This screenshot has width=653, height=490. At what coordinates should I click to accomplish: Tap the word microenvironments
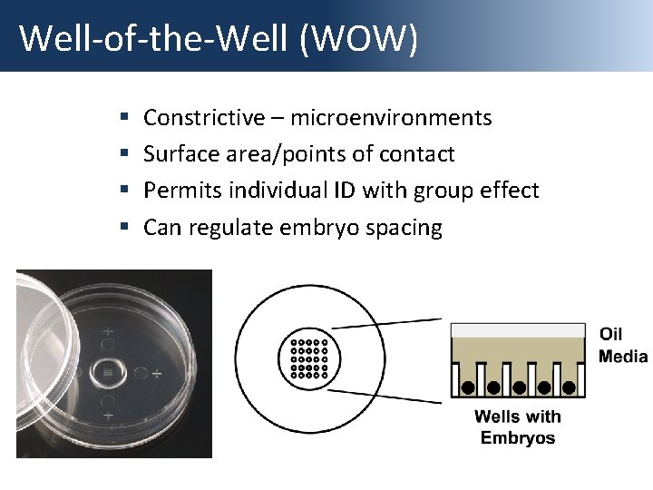(391, 118)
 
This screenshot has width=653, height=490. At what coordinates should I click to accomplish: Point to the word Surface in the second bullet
(175, 154)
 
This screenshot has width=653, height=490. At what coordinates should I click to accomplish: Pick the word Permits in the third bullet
(174, 191)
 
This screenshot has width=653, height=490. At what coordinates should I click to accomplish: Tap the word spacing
(404, 228)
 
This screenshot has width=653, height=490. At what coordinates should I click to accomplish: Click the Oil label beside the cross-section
(610, 335)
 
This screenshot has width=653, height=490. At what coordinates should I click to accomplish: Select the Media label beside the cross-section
(623, 356)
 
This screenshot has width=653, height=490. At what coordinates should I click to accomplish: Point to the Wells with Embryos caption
(518, 427)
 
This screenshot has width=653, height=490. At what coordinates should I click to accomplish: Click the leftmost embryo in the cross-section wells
(467, 387)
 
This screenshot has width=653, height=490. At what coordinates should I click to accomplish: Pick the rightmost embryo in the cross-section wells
(569, 387)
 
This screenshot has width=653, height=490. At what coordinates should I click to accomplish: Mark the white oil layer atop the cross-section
(518, 330)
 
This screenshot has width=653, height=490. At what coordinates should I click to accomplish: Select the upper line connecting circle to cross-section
(386, 323)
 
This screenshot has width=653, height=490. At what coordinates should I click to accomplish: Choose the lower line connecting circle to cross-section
(386, 393)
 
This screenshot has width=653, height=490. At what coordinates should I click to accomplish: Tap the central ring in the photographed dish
(108, 373)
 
